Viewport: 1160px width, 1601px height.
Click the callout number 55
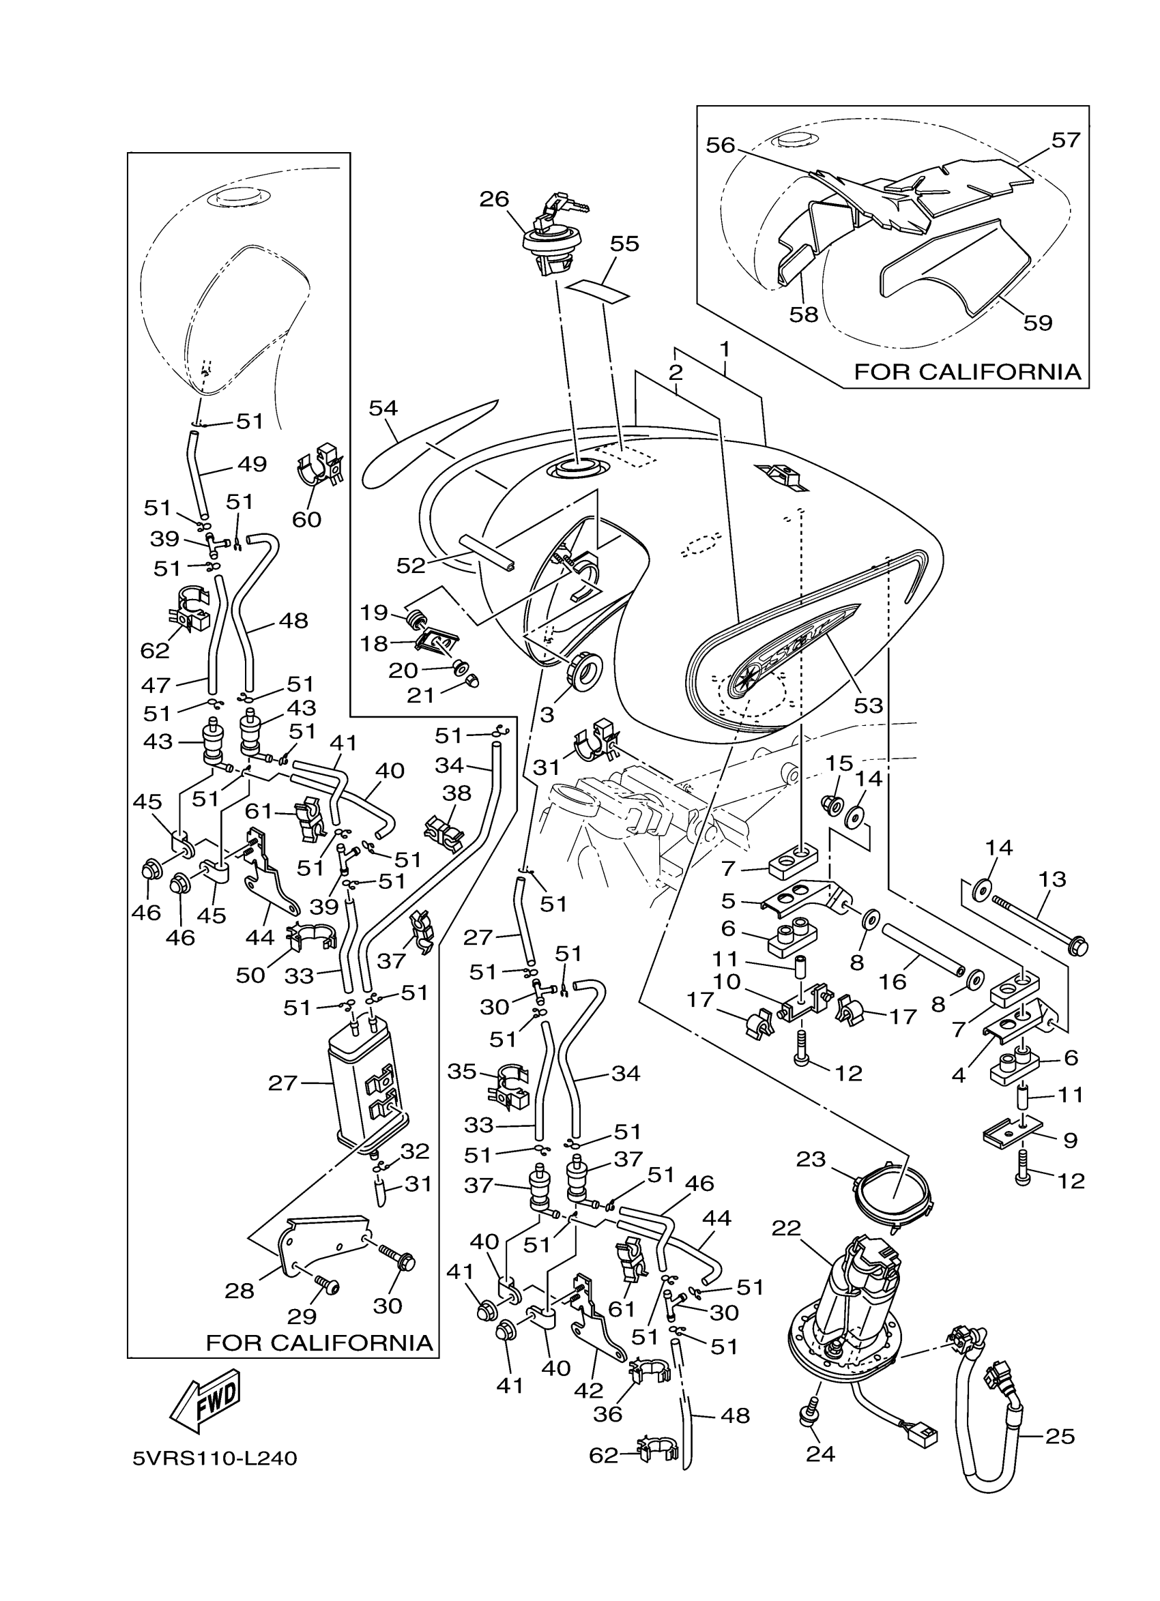tap(624, 244)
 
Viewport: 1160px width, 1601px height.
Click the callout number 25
tap(1060, 1437)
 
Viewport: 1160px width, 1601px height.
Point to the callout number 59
tap(1037, 323)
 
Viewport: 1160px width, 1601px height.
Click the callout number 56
tap(720, 145)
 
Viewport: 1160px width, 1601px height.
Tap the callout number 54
tap(383, 408)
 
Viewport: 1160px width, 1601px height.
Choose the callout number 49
tap(252, 464)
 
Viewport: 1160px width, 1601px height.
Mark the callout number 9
tap(1071, 1140)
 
